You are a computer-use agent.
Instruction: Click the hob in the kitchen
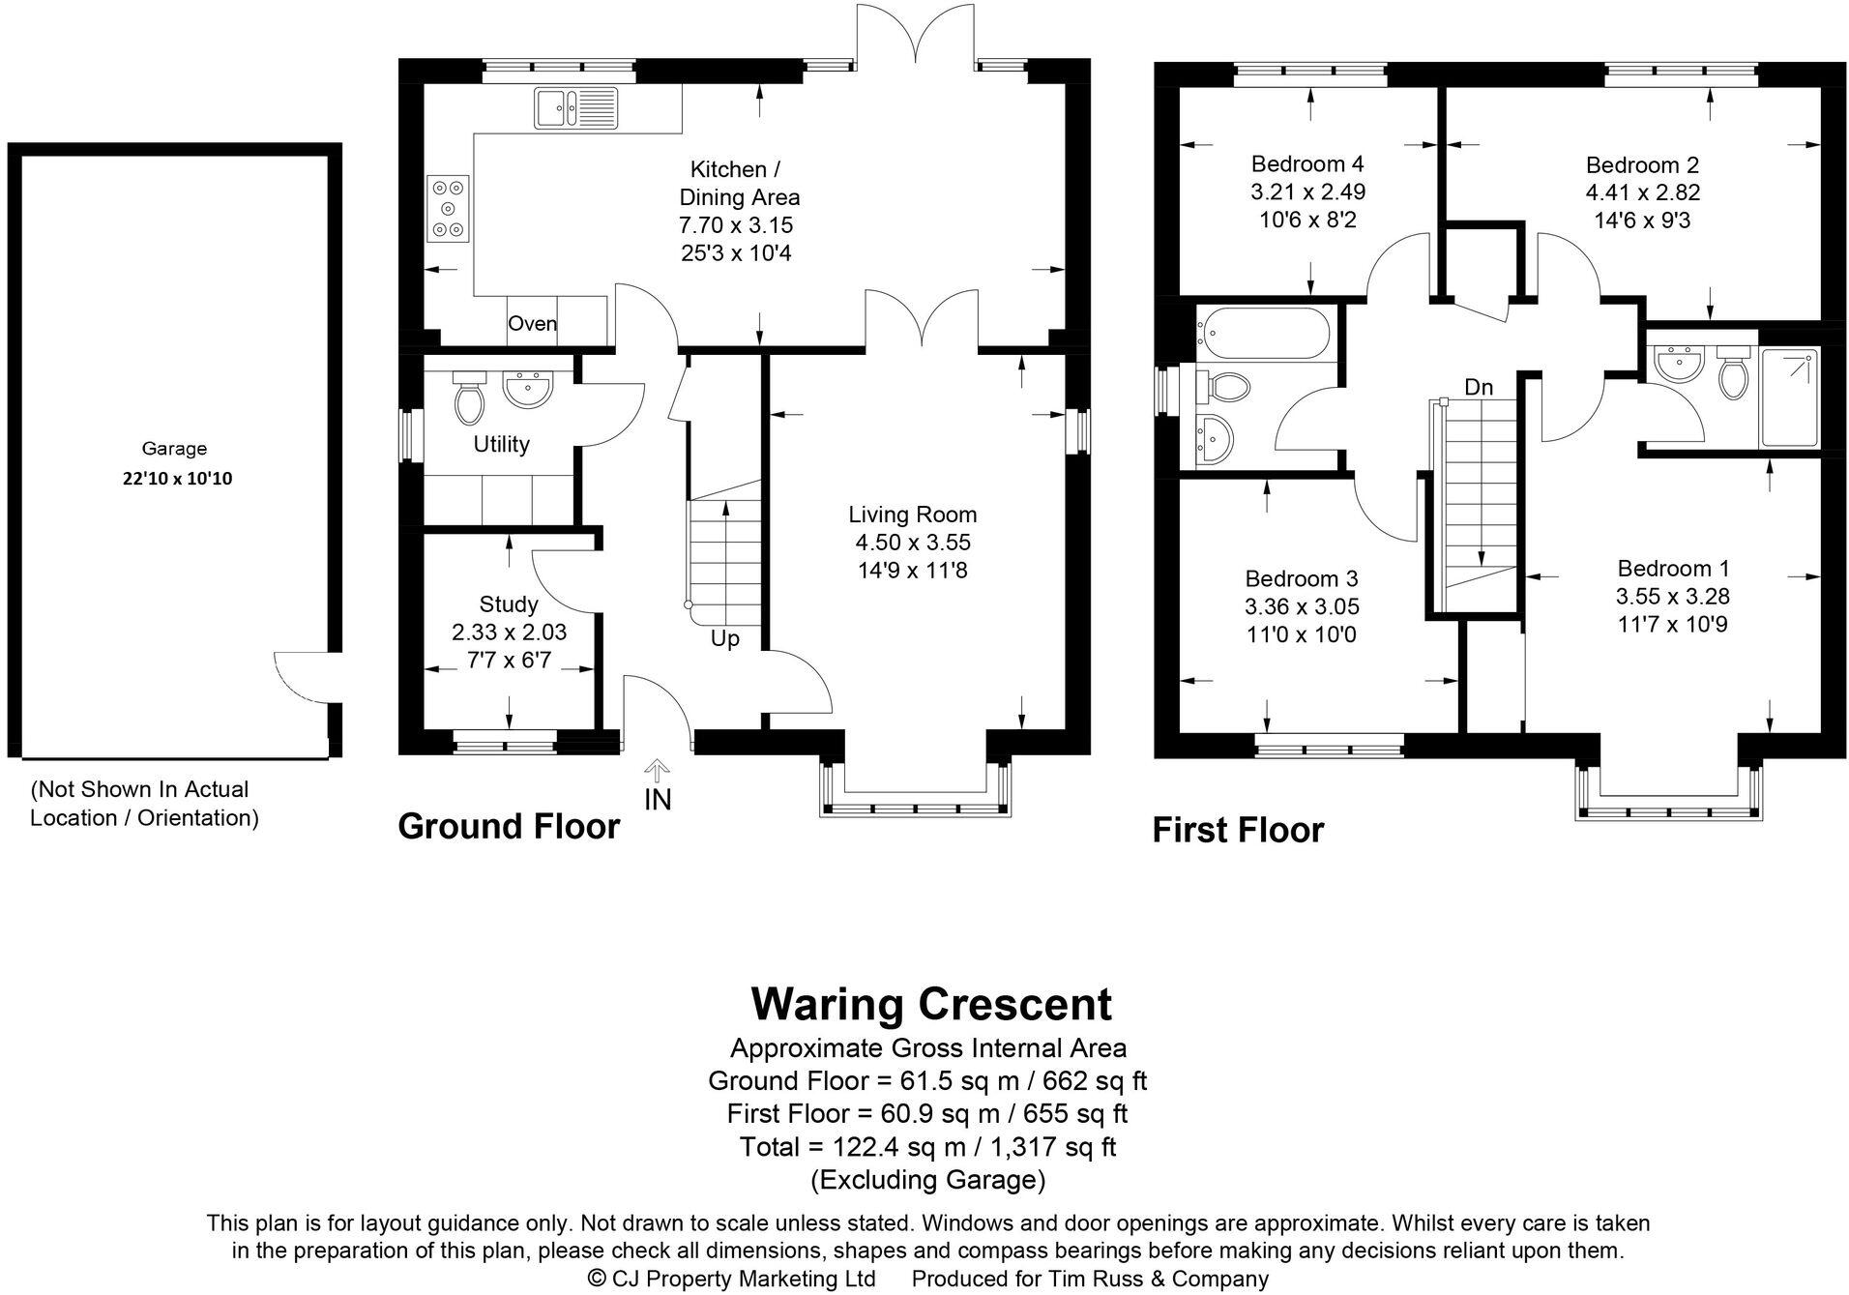(x=448, y=208)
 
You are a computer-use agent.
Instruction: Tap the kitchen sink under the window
(x=575, y=106)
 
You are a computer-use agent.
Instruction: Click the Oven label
(x=533, y=324)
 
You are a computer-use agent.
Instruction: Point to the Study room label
(x=509, y=604)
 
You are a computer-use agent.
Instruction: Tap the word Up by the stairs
(x=725, y=639)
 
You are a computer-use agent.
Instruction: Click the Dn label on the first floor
(x=1479, y=388)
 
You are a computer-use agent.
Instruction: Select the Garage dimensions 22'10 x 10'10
(x=177, y=479)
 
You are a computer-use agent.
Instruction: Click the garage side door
(x=302, y=677)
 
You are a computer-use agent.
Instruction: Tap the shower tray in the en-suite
(x=1789, y=397)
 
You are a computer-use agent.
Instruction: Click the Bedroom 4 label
(x=1307, y=163)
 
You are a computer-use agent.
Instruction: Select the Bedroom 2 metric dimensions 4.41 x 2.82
(x=1642, y=192)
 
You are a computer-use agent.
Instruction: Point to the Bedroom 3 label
(x=1301, y=578)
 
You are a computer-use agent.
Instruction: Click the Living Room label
(x=913, y=515)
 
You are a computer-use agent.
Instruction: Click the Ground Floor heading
(x=509, y=827)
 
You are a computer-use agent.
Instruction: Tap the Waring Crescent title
(x=931, y=1005)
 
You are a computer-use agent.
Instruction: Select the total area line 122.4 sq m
(x=927, y=1147)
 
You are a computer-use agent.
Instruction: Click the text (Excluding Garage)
(x=927, y=1180)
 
